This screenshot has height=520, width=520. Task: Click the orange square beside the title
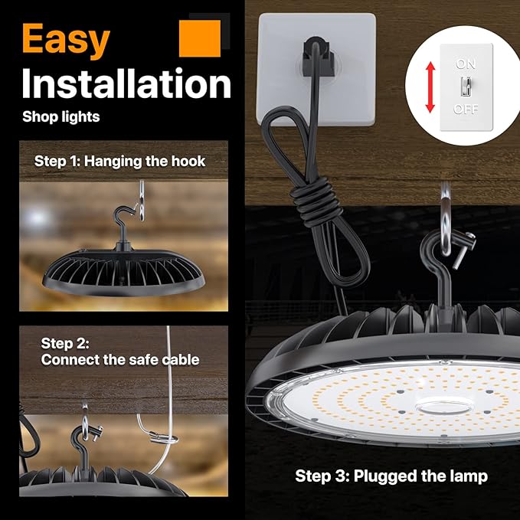[x=200, y=38]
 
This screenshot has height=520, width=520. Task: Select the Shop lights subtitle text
[x=61, y=117]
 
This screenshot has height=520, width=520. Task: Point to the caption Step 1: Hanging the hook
[x=120, y=162]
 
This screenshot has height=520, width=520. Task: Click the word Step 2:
[x=66, y=342]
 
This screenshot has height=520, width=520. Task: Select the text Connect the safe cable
[x=120, y=359]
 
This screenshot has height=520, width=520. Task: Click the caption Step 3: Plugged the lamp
[x=391, y=476]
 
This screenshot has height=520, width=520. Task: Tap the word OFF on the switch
[x=466, y=110]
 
